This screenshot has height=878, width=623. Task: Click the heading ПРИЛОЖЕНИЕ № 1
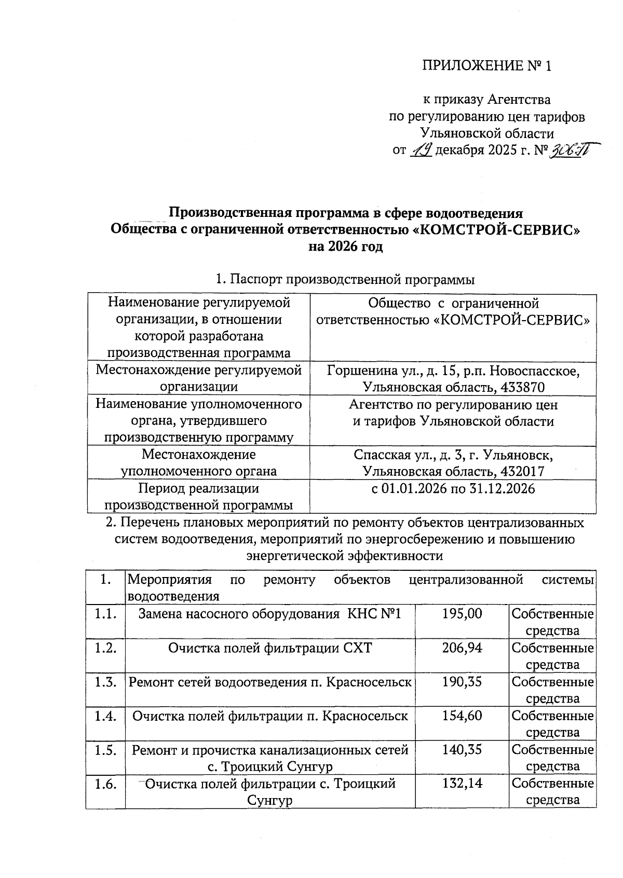pos(486,66)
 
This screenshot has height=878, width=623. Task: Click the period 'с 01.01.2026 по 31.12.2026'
pos(453,489)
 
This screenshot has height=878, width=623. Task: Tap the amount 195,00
pos(462,614)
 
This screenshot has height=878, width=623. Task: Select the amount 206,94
pos(462,648)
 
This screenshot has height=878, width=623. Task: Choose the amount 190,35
pos(462,682)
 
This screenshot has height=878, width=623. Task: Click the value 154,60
pos(462,716)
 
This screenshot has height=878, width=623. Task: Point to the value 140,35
pos(462,750)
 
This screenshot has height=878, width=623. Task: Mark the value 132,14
pos(462,784)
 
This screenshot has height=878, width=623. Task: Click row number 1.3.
pos(105,682)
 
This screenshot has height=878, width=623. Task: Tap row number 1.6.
pos(105,784)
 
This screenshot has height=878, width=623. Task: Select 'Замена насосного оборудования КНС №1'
pos(270,614)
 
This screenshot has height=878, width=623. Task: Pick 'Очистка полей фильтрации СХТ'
pos(270,648)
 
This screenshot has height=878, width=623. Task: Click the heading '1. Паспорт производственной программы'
pos(345,280)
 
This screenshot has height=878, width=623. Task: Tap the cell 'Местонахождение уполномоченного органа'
pos(199,463)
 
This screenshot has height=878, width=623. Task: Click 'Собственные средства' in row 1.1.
pos(552,622)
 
